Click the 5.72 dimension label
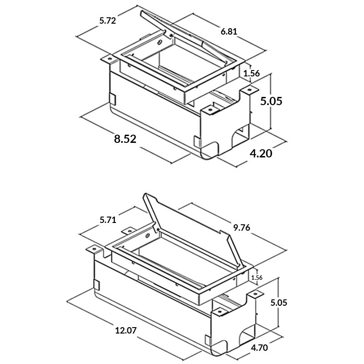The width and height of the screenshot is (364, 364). point(108,20)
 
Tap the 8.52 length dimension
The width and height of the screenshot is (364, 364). point(125,139)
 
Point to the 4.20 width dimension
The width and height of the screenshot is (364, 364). point(261,153)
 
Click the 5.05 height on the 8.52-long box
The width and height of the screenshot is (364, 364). point(271,101)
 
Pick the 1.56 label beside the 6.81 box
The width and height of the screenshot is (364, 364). point(252,73)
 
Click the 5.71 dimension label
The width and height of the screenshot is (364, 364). point(108,221)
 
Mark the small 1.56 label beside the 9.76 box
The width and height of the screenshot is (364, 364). point(258,277)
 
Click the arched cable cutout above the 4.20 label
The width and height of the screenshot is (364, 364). point(240,136)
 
